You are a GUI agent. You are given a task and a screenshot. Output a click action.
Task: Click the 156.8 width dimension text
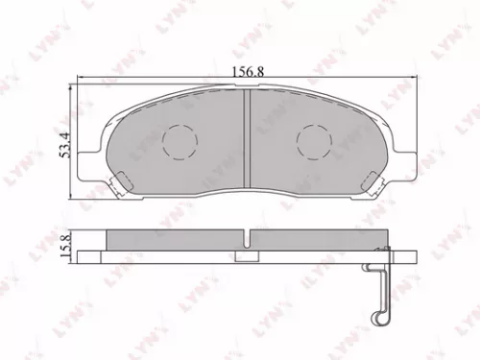pyautogui.click(x=249, y=70)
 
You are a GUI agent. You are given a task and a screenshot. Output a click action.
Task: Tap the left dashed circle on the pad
pyautogui.click(x=179, y=143)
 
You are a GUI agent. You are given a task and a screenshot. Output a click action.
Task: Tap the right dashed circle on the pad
pyautogui.click(x=314, y=143)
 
